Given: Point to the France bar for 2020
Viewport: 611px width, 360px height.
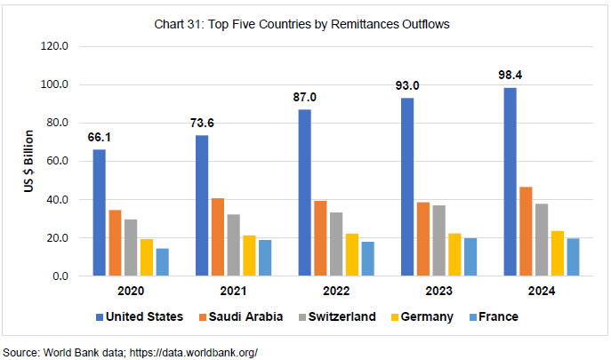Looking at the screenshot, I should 162,262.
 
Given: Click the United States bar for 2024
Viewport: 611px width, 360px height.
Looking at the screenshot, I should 509,182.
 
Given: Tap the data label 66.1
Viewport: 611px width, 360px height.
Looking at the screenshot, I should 100,137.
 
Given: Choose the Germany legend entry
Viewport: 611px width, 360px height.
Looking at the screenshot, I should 423,316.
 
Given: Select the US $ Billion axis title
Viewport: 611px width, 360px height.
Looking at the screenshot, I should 29,162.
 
